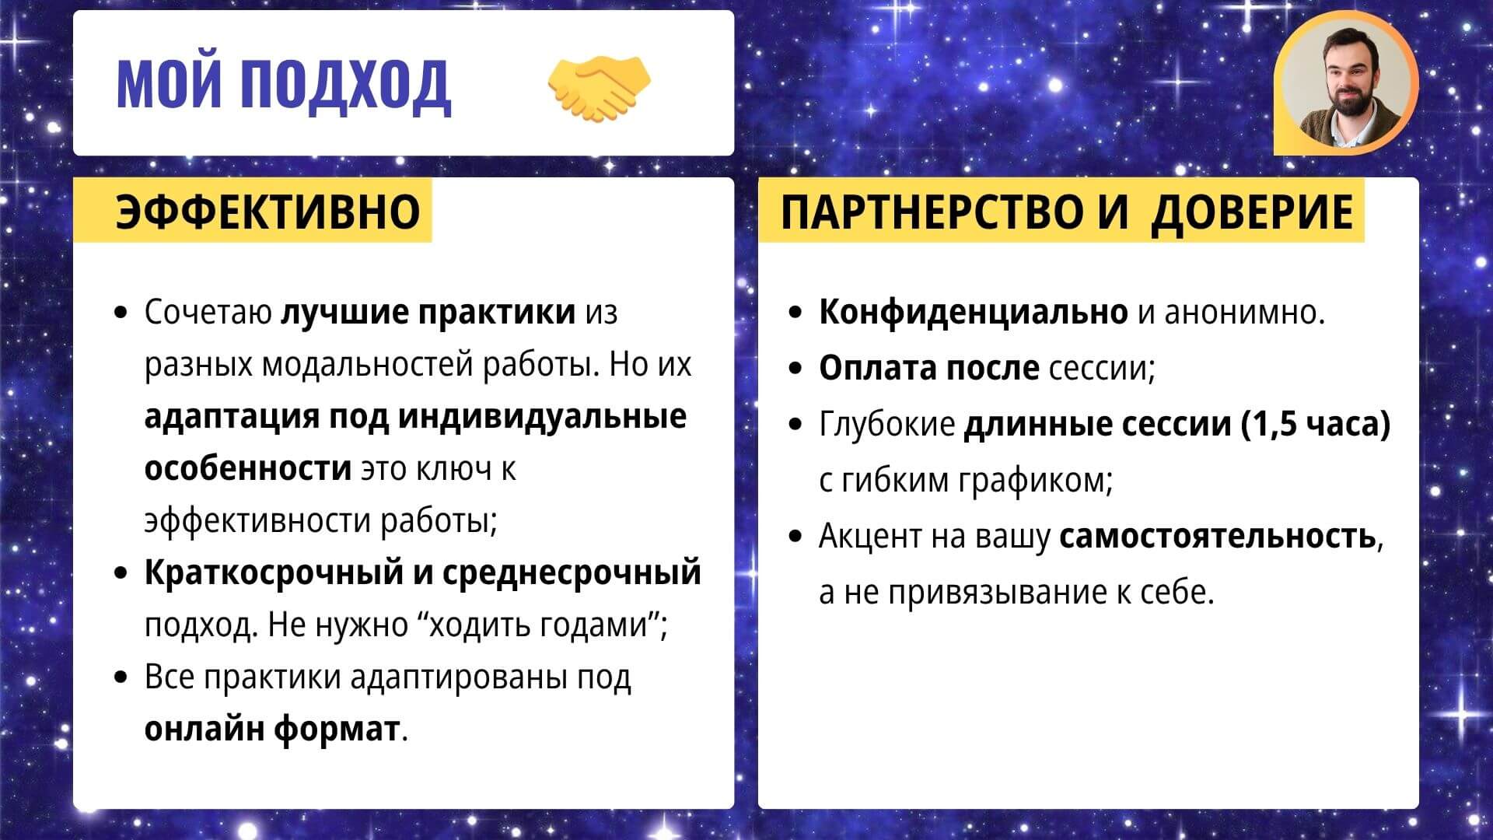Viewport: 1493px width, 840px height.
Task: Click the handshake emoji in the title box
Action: tap(599, 88)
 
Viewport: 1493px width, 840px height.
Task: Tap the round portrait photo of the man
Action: tap(1346, 83)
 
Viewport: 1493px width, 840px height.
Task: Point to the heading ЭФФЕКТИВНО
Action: tap(267, 211)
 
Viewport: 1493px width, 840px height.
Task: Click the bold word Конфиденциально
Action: tap(973, 312)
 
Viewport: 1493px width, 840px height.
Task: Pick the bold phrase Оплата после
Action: tap(928, 368)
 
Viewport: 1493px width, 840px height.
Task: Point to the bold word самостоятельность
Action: tap(1217, 536)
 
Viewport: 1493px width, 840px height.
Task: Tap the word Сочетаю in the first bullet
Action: tap(208, 313)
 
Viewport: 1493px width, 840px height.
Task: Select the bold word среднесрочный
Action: tap(572, 573)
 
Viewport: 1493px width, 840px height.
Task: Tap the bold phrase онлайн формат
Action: tap(271, 730)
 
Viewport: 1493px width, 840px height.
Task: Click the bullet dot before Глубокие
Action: tap(795, 425)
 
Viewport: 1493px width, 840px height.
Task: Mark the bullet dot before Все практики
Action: tap(120, 677)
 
